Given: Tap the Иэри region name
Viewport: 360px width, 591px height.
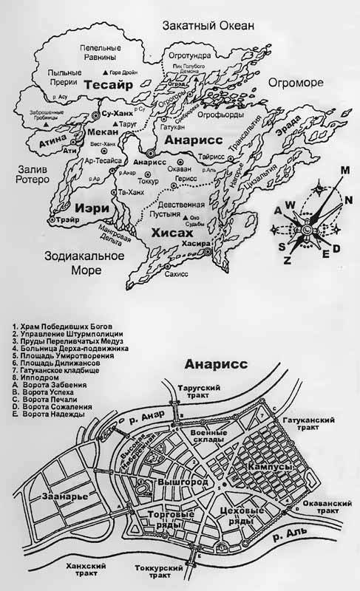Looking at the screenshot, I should tap(94, 208).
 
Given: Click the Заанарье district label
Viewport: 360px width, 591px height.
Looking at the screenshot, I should tap(65, 496).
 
